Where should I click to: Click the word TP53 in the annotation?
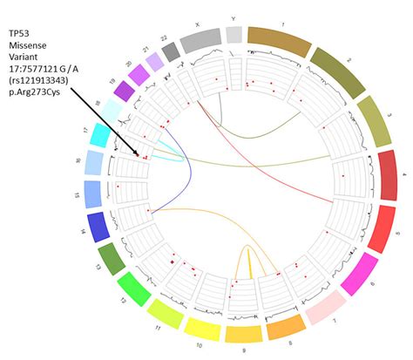click(x=22, y=33)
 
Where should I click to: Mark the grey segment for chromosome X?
click(x=200, y=37)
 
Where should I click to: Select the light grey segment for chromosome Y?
click(x=234, y=33)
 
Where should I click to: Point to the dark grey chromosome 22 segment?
click(x=171, y=51)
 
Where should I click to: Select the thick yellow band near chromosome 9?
click(x=247, y=262)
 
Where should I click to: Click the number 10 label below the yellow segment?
click(x=203, y=349)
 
